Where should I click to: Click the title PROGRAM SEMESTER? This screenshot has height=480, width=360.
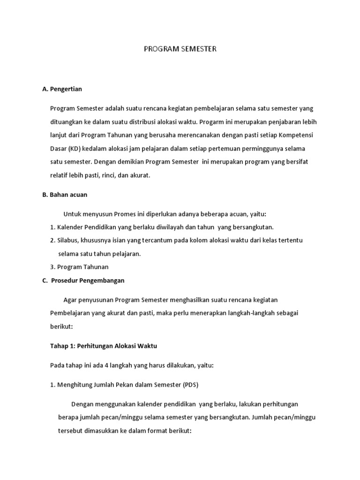click(180, 49)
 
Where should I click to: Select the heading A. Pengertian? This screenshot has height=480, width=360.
click(62, 88)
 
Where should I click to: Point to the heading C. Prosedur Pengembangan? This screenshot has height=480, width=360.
click(83, 280)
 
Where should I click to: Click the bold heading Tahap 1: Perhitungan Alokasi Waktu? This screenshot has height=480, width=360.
click(103, 346)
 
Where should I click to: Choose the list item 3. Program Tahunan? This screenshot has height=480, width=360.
click(79, 267)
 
